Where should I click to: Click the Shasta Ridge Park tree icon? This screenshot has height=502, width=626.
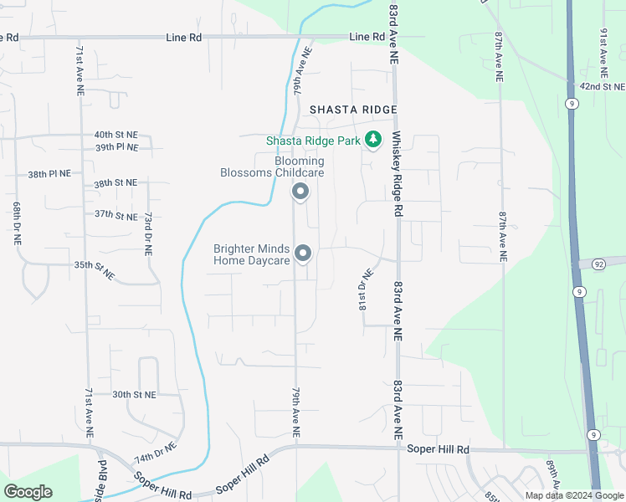pyautogui.click(x=373, y=141)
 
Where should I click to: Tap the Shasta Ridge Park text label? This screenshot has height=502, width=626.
pyautogui.click(x=312, y=141)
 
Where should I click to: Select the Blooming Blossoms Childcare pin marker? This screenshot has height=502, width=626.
pyautogui.click(x=300, y=193)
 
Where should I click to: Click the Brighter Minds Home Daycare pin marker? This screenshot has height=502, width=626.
pyautogui.click(x=304, y=253)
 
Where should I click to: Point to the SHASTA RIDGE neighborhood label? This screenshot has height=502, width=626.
pyautogui.click(x=352, y=110)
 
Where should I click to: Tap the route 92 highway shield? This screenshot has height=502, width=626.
pyautogui.click(x=598, y=264)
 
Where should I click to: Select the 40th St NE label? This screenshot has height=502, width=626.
pyautogui.click(x=115, y=135)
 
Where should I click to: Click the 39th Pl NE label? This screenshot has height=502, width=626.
pyautogui.click(x=115, y=147)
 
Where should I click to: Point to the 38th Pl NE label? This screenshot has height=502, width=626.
pyautogui.click(x=49, y=175)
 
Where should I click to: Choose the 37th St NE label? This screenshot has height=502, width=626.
pyautogui.click(x=115, y=214)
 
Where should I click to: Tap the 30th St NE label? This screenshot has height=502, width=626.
pyautogui.click(x=134, y=394)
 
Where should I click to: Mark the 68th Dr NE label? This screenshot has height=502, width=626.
pyautogui.click(x=17, y=222)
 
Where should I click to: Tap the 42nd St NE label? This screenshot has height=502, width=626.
pyautogui.click(x=603, y=86)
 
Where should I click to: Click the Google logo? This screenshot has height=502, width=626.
pyautogui.click(x=28, y=492)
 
